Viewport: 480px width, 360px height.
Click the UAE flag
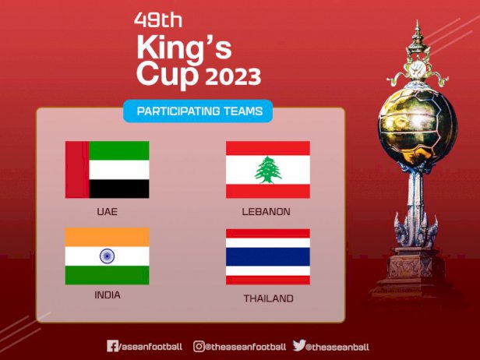[108, 170]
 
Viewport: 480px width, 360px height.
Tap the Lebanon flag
[268, 170]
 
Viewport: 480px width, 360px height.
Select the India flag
[108, 256]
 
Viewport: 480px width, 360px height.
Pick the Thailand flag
[268, 256]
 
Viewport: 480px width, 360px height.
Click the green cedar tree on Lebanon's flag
[268, 170]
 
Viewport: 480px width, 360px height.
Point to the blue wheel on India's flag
[108, 256]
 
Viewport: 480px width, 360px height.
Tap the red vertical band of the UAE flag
[77, 170]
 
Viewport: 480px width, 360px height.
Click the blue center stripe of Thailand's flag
[268, 256]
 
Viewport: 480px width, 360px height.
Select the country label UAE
[108, 211]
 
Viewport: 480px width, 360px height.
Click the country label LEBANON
[266, 211]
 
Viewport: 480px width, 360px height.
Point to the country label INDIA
[108, 295]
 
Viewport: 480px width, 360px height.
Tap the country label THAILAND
[269, 298]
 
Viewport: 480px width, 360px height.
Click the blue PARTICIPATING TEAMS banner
[198, 111]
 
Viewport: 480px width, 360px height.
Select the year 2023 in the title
[233, 76]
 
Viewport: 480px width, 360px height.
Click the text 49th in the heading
[158, 20]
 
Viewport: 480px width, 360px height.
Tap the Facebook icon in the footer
[112, 346]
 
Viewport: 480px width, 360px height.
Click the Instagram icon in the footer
[199, 346]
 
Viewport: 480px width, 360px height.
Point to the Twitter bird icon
[299, 345]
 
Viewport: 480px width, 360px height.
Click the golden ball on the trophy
[418, 126]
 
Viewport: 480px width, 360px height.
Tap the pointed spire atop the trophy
[417, 34]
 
